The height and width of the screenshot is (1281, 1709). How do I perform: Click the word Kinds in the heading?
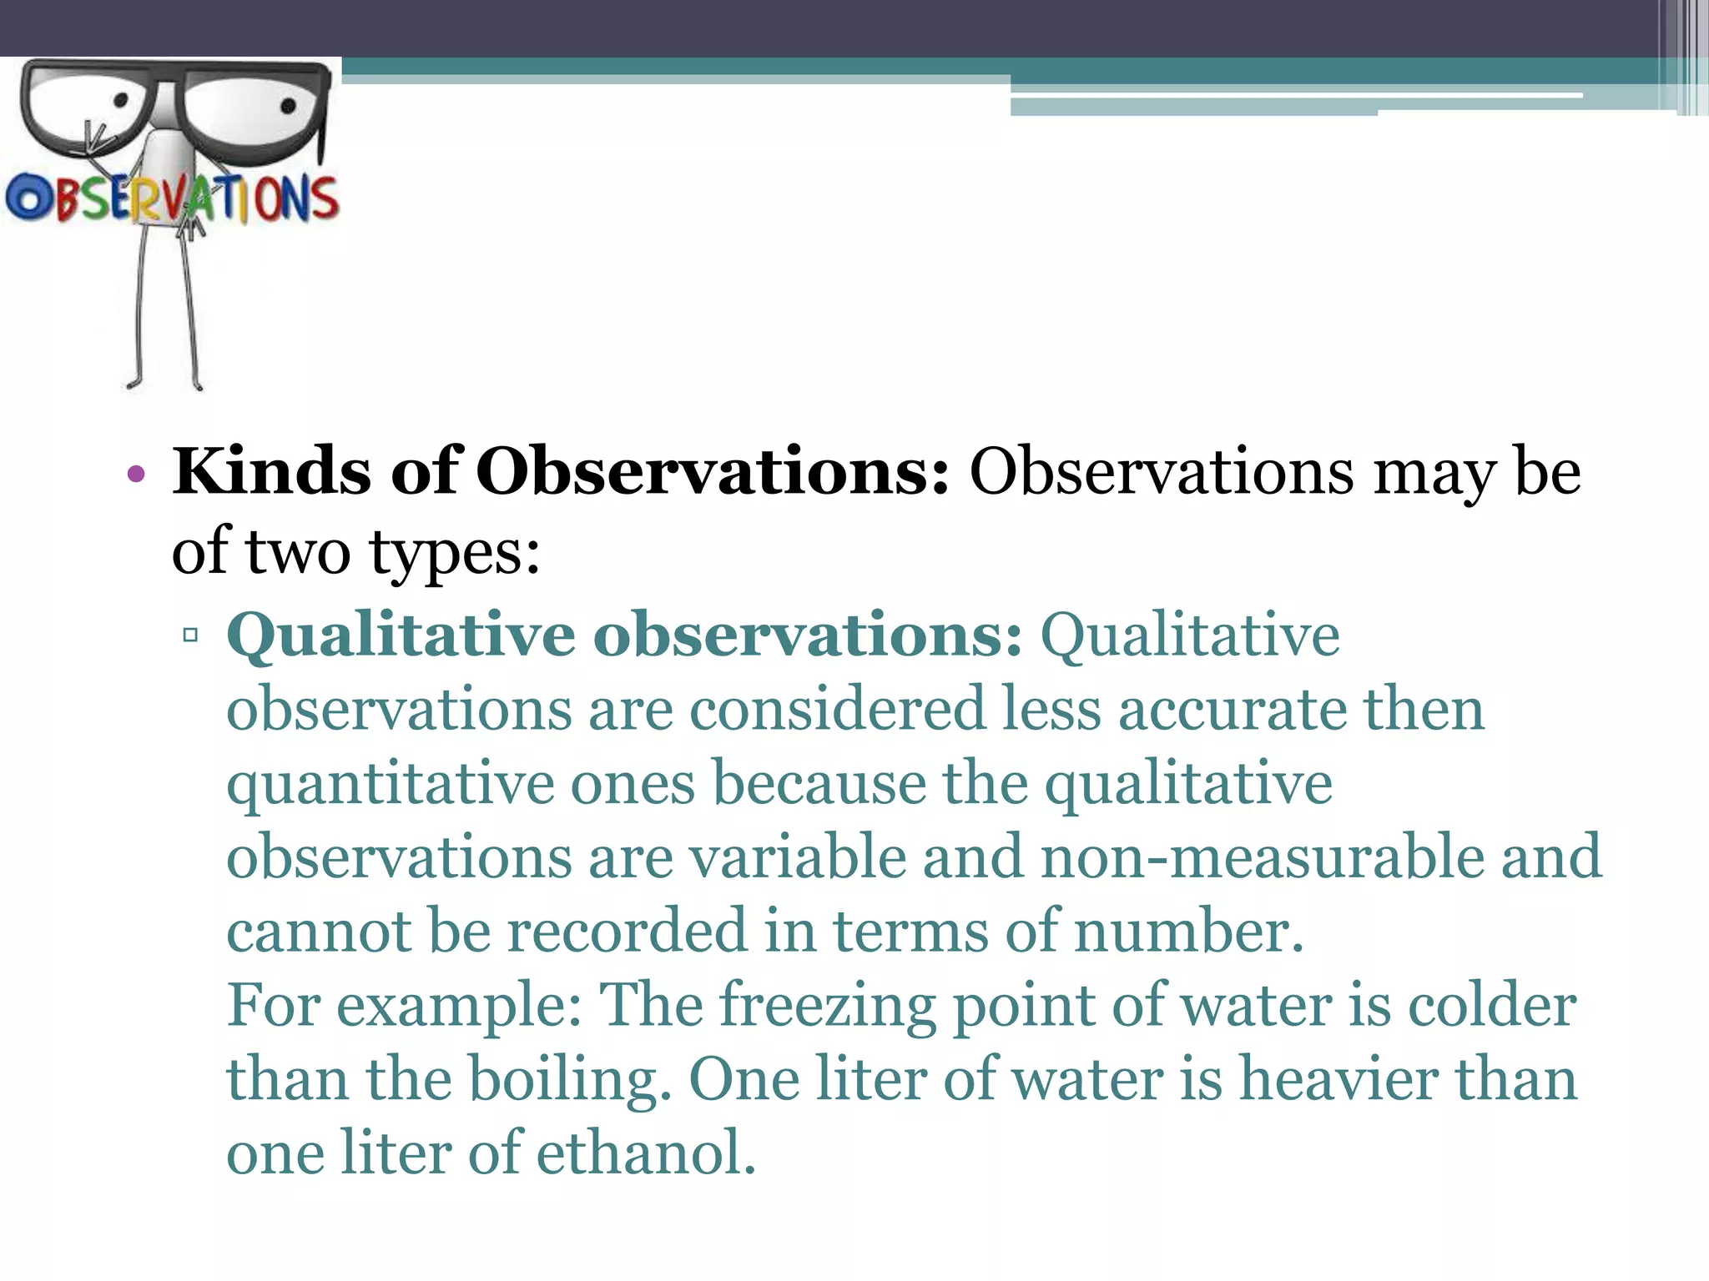pos(271,472)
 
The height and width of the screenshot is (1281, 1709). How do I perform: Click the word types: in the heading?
pos(455,553)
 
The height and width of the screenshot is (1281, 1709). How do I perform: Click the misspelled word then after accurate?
pos(1424,710)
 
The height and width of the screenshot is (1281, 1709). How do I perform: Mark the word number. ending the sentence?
pos(1188,932)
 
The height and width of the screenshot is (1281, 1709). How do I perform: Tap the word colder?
pos(1492,1005)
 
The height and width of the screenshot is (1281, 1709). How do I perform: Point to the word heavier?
pos(1338,1079)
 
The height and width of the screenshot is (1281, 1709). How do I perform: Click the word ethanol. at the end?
pos(645,1153)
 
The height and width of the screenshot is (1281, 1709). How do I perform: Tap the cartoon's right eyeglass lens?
pos(255,117)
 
